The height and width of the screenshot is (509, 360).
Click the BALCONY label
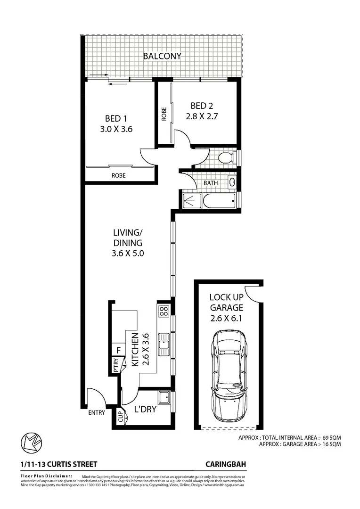pyautogui.click(x=162, y=56)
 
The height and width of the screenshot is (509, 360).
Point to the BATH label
pyautogui.click(x=210, y=183)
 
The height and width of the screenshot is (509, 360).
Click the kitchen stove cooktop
pyautogui.click(x=164, y=311)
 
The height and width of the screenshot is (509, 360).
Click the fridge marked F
pyautogui.click(x=118, y=351)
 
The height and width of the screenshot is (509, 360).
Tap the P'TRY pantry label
pyautogui.click(x=116, y=366)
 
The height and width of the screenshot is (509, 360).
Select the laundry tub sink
pyautogui.click(x=164, y=398)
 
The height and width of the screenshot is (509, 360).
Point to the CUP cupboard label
pyautogui.click(x=120, y=417)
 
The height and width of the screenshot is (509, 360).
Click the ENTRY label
pyautogui.click(x=97, y=413)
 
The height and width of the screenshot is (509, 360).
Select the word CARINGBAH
pyautogui.click(x=226, y=464)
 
